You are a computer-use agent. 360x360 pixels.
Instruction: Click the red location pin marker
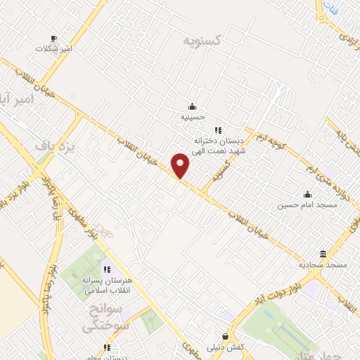pyautogui.click(x=181, y=165)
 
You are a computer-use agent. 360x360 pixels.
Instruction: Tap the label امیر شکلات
pyautogui.click(x=55, y=49)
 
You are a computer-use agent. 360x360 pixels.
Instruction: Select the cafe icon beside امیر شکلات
pyautogui.click(x=54, y=38)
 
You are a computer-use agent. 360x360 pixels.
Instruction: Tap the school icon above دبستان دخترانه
pyautogui.click(x=218, y=129)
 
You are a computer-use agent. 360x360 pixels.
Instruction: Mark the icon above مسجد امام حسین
pyautogui.click(x=307, y=195)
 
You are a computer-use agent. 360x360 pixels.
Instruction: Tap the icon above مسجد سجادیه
pyautogui.click(x=323, y=253)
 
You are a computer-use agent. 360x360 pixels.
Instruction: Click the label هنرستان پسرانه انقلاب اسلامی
pyautogui.click(x=107, y=284)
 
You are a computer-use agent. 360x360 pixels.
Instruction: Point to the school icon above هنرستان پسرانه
pyautogui.click(x=107, y=269)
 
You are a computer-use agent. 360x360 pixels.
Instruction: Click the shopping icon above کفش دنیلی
pyautogui.click(x=225, y=336)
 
